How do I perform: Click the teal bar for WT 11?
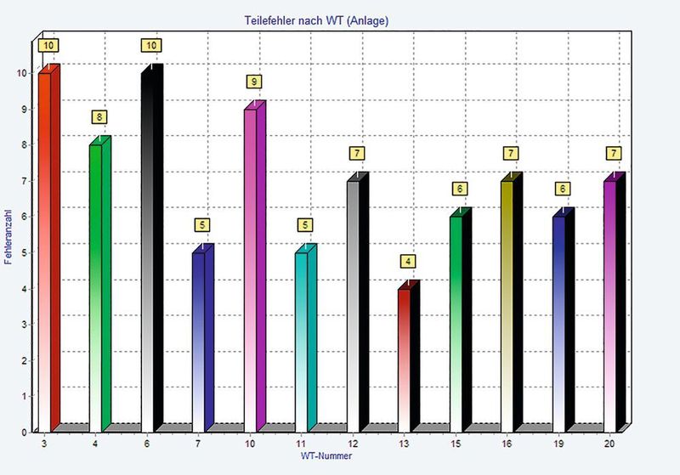point(301,340)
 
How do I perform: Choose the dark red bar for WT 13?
point(404,357)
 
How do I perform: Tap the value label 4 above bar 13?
point(410,261)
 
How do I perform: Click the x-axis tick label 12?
point(352,444)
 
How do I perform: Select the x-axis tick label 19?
point(558,444)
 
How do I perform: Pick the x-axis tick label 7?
point(198,444)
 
